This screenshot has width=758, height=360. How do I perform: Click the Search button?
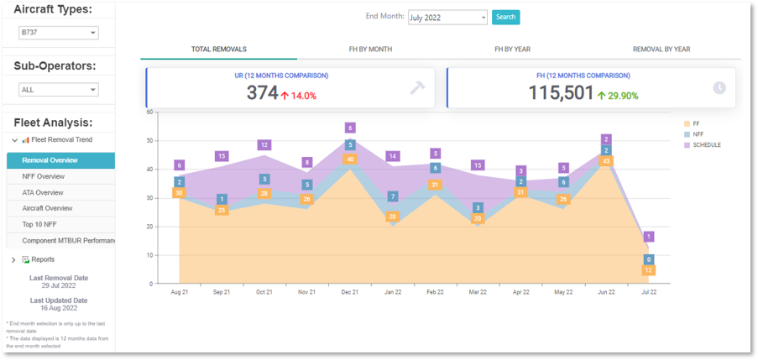point(505,17)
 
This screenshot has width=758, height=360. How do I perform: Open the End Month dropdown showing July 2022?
point(447,17)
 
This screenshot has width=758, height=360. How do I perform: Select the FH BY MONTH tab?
point(370,50)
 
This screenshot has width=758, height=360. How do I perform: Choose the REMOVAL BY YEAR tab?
point(661,50)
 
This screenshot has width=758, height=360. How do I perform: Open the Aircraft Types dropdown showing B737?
point(58,33)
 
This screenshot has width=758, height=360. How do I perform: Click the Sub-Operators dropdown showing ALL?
point(58,89)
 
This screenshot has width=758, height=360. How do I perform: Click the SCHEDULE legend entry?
point(706,145)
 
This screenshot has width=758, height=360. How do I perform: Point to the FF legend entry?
point(695,123)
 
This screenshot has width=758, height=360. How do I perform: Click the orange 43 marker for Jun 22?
point(607,161)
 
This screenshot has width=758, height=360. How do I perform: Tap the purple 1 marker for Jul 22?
point(648,237)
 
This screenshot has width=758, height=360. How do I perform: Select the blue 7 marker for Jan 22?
point(392,197)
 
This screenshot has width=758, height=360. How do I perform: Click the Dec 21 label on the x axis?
point(349,292)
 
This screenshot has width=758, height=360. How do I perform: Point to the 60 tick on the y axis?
point(149,112)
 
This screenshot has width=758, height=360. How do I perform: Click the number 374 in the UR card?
point(262,93)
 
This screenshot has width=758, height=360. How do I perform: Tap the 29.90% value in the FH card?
point(623,96)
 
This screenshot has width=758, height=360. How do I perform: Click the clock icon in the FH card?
point(719,88)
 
